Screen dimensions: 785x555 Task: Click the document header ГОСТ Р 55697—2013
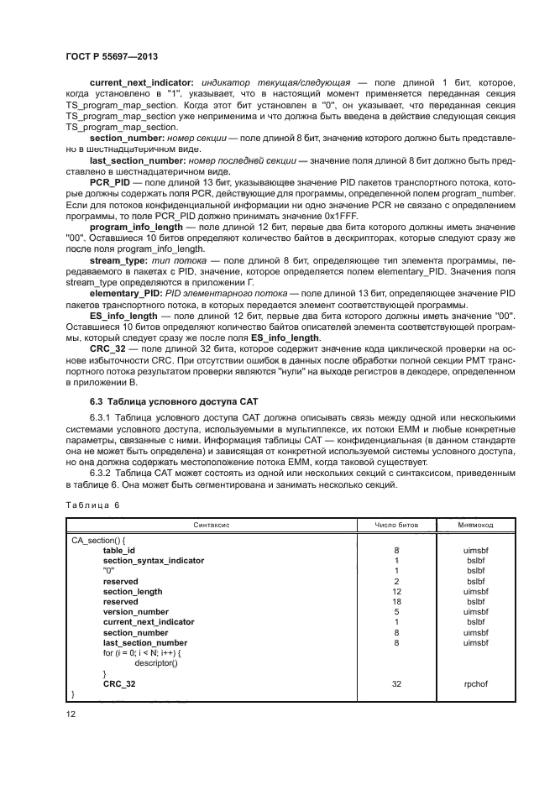coord(113,56)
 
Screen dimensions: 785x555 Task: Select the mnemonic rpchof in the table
coord(475,683)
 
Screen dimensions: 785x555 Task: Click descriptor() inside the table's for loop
coord(151,662)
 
